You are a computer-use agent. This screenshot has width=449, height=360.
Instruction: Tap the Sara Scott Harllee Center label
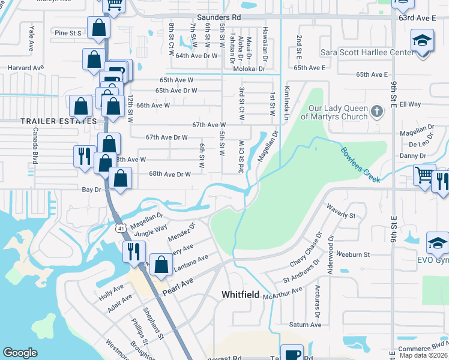pos(367,53)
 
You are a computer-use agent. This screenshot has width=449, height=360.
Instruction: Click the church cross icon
pos(376,111)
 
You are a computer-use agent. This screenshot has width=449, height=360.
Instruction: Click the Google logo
pos(20,353)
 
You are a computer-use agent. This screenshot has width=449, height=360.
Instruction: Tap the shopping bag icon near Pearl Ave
pos(161,265)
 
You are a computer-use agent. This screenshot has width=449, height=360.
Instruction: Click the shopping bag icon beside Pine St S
pos(98,28)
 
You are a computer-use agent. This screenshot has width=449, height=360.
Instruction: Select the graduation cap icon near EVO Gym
pos(437,243)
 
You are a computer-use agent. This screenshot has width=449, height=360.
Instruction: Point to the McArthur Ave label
pos(286,293)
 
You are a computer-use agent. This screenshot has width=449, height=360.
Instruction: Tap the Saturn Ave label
pos(306,325)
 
